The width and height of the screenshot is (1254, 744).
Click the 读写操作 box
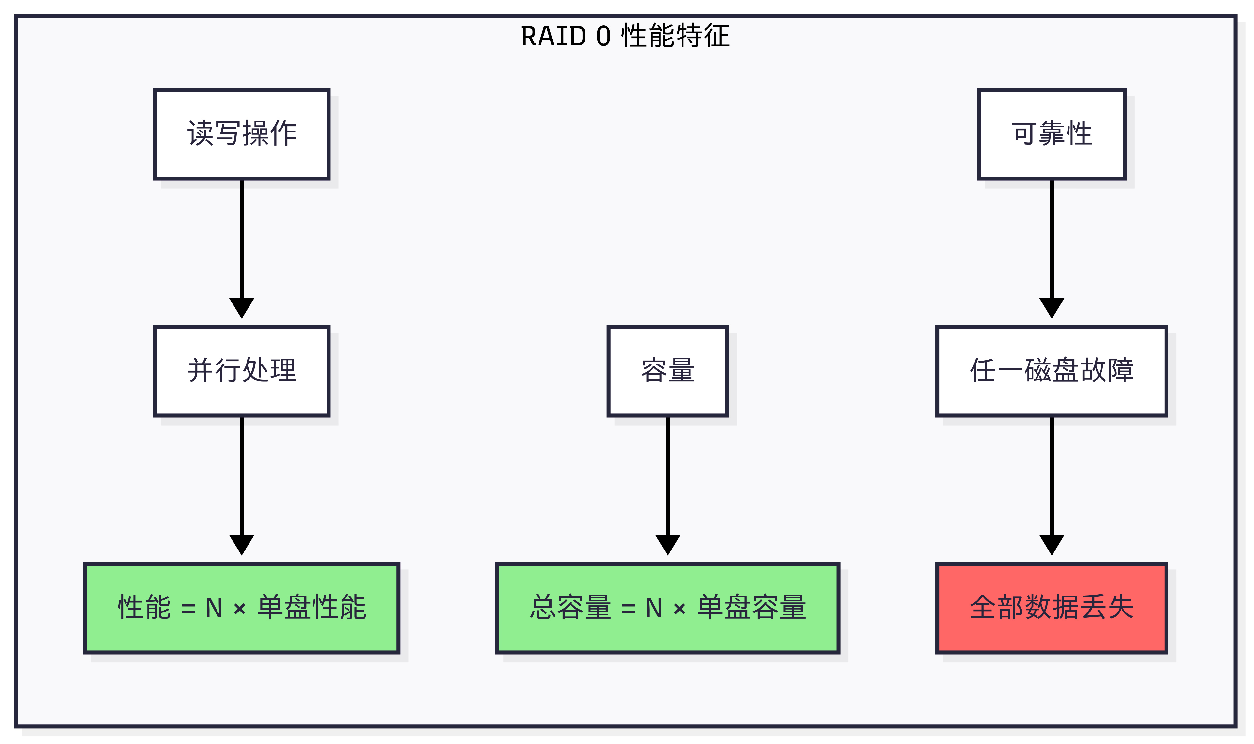tap(241, 134)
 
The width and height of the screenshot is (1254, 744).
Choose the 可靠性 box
tap(1051, 134)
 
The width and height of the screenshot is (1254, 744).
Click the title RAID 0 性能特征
tap(625, 36)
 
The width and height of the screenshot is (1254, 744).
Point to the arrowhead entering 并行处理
tap(241, 307)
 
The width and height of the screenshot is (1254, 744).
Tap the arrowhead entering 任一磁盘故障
tap(1051, 307)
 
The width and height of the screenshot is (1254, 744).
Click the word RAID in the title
tap(553, 36)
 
